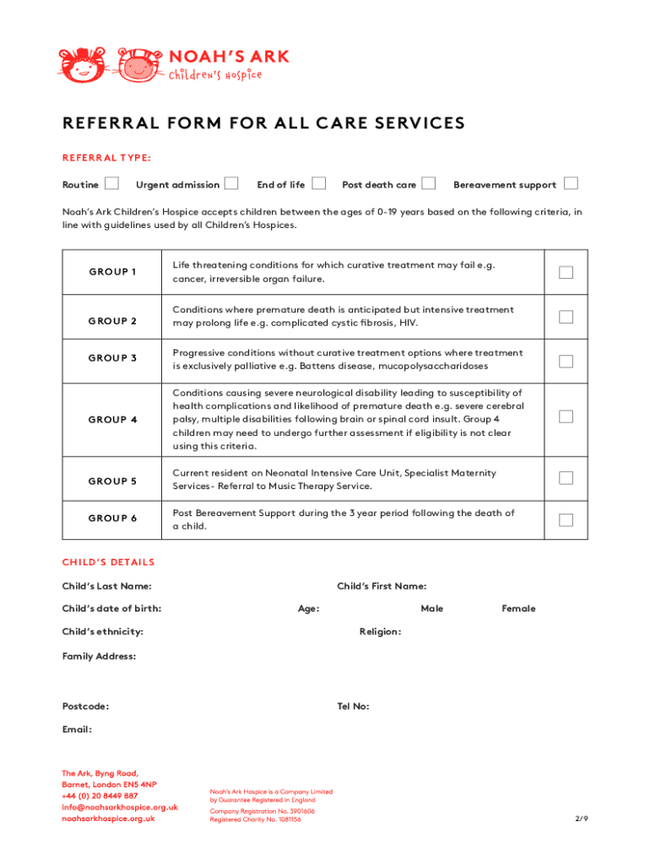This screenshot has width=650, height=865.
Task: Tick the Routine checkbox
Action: pos(111,183)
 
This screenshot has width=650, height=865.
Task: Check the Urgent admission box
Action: pos(230,183)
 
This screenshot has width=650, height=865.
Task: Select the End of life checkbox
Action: pos(319,183)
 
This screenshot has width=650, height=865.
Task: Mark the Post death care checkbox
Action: pos(429,183)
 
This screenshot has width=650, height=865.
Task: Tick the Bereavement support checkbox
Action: pos(571,183)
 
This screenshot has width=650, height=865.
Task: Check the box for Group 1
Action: pos(566,272)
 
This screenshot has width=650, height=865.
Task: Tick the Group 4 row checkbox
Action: pos(566,416)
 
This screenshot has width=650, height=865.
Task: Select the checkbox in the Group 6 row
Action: pos(566,520)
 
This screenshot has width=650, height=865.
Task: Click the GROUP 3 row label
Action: pos(112,358)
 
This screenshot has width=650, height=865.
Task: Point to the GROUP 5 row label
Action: pos(112,481)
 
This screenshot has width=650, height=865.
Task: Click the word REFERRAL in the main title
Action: pos(107,123)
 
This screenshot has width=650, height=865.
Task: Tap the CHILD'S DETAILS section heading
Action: pos(108,563)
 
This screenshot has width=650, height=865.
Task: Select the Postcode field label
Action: pos(85,706)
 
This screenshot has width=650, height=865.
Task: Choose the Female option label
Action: pos(518,608)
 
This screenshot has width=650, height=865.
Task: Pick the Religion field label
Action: pos(380,632)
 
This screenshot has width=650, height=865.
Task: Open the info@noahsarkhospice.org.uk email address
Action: pos(119,807)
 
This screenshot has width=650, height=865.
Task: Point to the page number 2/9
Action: pos(581,819)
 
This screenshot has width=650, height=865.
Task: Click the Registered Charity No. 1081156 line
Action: pos(255,819)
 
